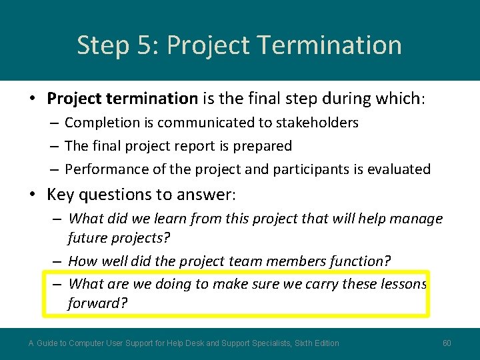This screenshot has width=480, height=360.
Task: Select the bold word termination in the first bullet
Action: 152,99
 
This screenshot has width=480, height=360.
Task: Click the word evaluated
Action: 398,169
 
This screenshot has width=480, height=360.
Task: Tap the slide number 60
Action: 447,343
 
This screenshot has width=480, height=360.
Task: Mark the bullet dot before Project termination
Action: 33,99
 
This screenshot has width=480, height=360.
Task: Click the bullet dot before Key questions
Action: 33,195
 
